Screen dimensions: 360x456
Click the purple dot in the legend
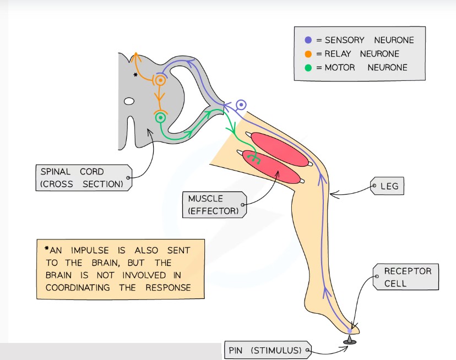(x=308, y=40)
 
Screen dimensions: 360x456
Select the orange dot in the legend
(x=308, y=54)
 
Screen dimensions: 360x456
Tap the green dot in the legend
(x=308, y=68)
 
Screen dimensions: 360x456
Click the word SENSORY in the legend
(x=345, y=40)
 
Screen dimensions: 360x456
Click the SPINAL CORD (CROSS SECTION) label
(x=81, y=177)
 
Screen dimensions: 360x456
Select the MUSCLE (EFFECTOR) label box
(x=213, y=204)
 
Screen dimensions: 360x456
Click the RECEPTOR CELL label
(x=408, y=277)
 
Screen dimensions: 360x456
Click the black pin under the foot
(x=349, y=341)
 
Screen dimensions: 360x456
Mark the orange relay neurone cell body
(x=160, y=80)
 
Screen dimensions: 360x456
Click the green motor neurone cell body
(x=160, y=117)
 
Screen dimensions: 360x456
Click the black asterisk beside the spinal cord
(x=135, y=74)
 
